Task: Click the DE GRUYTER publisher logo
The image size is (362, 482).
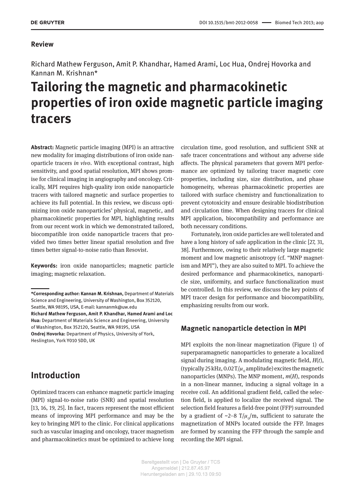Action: point(48,22)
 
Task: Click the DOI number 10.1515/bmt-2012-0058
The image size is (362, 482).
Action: point(233,23)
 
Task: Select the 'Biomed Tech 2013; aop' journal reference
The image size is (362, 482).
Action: point(299,23)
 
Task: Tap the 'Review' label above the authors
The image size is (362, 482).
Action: point(42,44)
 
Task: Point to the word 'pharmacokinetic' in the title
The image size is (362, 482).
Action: point(238,87)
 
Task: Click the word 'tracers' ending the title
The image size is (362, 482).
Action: point(51,119)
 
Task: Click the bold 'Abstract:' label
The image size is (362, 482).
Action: point(42,147)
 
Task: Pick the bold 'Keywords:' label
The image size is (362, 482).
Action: point(44,266)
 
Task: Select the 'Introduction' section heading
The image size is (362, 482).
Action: point(55,375)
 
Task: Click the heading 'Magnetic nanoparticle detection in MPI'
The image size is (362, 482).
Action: point(243,328)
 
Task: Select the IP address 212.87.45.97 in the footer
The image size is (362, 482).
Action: point(195,468)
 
